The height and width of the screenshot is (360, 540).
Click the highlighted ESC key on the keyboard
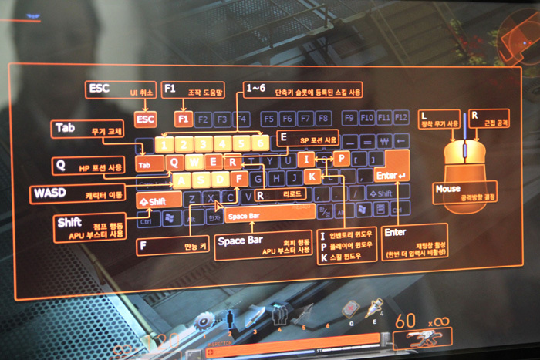(145, 119)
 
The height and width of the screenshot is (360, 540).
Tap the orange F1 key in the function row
(183, 119)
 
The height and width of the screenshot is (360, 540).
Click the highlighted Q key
(174, 162)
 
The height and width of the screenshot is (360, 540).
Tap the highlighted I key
(306, 159)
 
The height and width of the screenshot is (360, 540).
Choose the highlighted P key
(342, 158)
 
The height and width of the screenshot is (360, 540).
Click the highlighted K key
(312, 177)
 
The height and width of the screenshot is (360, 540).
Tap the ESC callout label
(100, 89)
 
